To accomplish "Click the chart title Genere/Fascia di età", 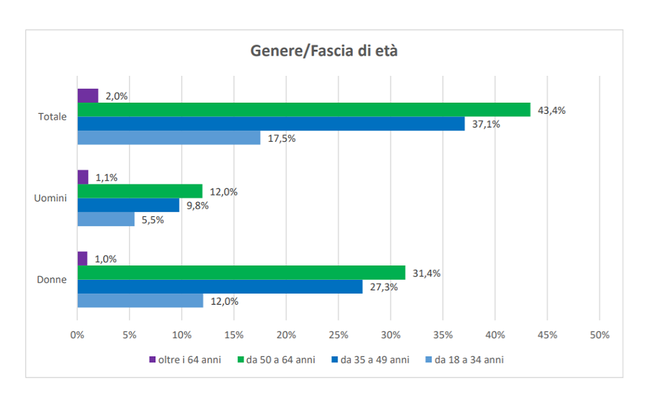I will (324, 52).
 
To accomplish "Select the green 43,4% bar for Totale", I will (304, 110).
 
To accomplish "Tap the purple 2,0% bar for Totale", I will (88, 95).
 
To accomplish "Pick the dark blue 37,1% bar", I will (271, 124).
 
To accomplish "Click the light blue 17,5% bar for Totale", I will (168, 138).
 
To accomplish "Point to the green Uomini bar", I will (140, 191).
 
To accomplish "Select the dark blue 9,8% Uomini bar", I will (129, 205).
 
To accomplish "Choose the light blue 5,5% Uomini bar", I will (106, 220).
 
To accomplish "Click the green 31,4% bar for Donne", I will (241, 273).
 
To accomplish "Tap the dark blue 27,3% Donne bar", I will (220, 286).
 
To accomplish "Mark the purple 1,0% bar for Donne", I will (82, 258).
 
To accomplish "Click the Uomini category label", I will (50, 198).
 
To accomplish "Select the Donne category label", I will (52, 279).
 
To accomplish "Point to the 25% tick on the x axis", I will (338, 335).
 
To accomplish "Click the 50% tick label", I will (599, 335).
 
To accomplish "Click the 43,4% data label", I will (551, 110).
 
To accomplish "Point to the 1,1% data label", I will (106, 177).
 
